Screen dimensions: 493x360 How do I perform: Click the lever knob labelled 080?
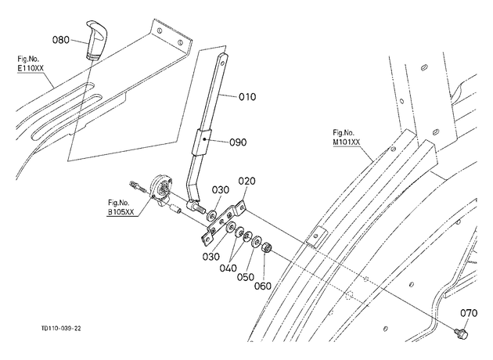[x=96, y=40]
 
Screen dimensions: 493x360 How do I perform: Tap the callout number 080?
[x=61, y=40]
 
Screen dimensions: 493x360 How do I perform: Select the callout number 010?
[x=247, y=97]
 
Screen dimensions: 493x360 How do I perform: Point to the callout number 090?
[x=238, y=142]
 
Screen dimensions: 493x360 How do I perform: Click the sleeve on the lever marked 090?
[x=202, y=142]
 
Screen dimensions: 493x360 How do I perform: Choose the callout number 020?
[x=246, y=181]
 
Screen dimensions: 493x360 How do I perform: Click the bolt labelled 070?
[x=461, y=333]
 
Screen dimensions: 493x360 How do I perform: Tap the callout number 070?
[x=469, y=313]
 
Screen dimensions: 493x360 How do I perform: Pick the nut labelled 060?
[x=266, y=247]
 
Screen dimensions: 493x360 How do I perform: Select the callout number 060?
[x=262, y=286]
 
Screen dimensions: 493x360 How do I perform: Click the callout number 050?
[x=245, y=277]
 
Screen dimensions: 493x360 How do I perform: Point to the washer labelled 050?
[x=257, y=241]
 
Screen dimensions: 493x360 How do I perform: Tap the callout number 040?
[x=228, y=268]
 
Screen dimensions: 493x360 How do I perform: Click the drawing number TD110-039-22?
[x=61, y=329]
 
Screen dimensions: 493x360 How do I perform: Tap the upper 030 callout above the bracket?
[x=221, y=190]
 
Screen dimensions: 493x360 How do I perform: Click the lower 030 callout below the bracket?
[x=211, y=257]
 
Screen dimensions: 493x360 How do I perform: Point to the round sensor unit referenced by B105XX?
[x=162, y=189]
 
